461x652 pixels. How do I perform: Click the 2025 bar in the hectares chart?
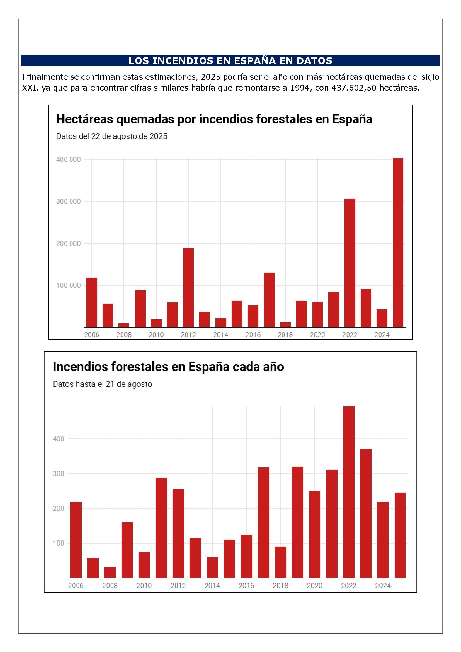(x=398, y=243)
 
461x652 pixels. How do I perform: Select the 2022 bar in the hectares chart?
(x=350, y=263)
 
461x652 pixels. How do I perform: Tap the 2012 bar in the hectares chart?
(x=188, y=288)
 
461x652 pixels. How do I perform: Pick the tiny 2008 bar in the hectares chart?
(x=124, y=325)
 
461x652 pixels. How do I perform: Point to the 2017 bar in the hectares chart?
(x=269, y=300)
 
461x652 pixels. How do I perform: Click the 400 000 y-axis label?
(x=68, y=160)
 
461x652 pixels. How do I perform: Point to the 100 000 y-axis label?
(x=68, y=285)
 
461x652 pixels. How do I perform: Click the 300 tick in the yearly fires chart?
(x=59, y=473)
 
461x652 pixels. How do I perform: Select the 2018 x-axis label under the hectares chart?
(x=285, y=335)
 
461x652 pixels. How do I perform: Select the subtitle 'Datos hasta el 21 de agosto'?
(x=103, y=384)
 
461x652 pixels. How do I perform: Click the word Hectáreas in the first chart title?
(x=85, y=119)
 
